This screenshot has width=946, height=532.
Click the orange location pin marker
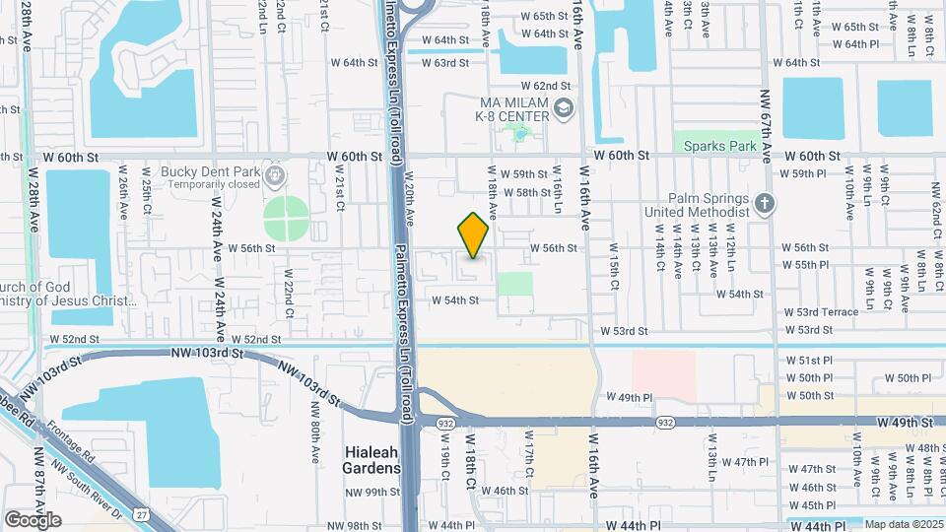click(474, 235)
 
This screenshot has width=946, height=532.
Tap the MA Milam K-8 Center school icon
click(564, 107)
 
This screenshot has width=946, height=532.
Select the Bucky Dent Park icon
click(273, 176)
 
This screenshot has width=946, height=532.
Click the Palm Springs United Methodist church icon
click(765, 204)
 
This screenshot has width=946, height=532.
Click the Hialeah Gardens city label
click(372, 459)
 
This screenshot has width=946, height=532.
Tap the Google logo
click(33, 519)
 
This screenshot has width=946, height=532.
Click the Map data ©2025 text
click(902, 524)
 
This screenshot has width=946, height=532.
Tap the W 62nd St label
click(546, 86)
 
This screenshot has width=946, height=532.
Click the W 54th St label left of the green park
click(454, 299)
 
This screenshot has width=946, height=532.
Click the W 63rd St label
click(444, 63)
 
